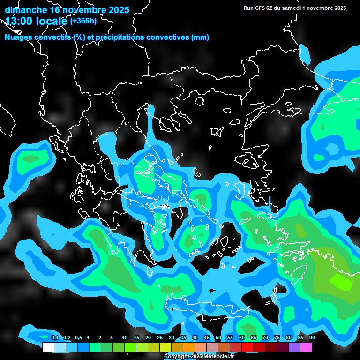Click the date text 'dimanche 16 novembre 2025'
(67, 10)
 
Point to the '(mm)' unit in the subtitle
(200, 37)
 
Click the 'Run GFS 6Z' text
(258, 8)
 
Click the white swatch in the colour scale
(48, 347)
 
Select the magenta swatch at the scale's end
(306, 347)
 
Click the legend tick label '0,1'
(54, 338)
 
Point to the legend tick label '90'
(312, 338)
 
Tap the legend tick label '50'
(218, 338)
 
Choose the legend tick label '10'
(125, 338)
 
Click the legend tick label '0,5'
(78, 338)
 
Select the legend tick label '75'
(277, 338)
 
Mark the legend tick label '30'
(172, 338)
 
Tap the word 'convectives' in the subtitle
(165, 37)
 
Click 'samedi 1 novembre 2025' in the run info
(314, 8)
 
